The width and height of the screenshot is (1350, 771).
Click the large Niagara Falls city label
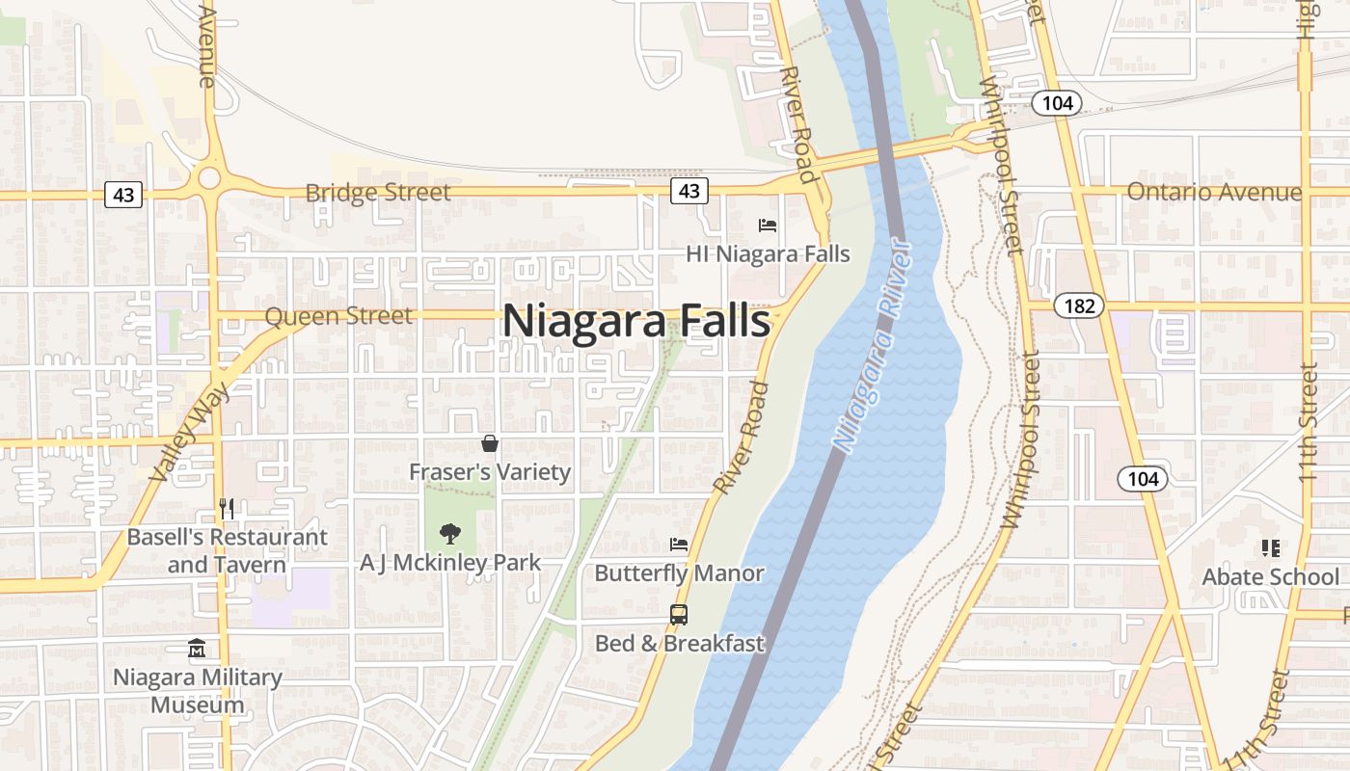(636, 321)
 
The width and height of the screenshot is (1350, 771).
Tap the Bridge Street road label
(377, 193)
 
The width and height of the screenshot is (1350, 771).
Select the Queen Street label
(337, 316)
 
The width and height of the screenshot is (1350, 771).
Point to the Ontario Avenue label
(1214, 192)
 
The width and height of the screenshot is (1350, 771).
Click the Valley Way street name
(191, 431)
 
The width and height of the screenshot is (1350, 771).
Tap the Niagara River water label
(873, 347)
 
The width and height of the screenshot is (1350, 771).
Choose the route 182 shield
(1079, 306)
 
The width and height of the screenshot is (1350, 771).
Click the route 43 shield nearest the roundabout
(123, 196)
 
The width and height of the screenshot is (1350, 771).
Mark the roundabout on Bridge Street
(208, 178)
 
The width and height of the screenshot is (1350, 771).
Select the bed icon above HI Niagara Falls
(768, 226)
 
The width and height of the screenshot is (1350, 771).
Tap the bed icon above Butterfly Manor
(679, 545)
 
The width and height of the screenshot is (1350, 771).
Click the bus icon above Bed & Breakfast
(679, 615)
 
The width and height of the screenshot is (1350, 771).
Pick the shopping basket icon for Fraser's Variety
(490, 443)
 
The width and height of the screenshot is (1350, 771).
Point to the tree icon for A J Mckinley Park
(449, 533)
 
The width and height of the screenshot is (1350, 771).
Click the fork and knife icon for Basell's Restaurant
(228, 509)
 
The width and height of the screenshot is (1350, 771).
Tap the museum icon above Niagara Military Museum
(198, 649)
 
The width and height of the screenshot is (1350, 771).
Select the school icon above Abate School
(1270, 548)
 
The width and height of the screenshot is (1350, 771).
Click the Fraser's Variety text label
(490, 472)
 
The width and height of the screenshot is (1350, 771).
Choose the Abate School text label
(1270, 576)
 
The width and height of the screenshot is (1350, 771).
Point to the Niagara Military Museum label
(198, 690)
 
